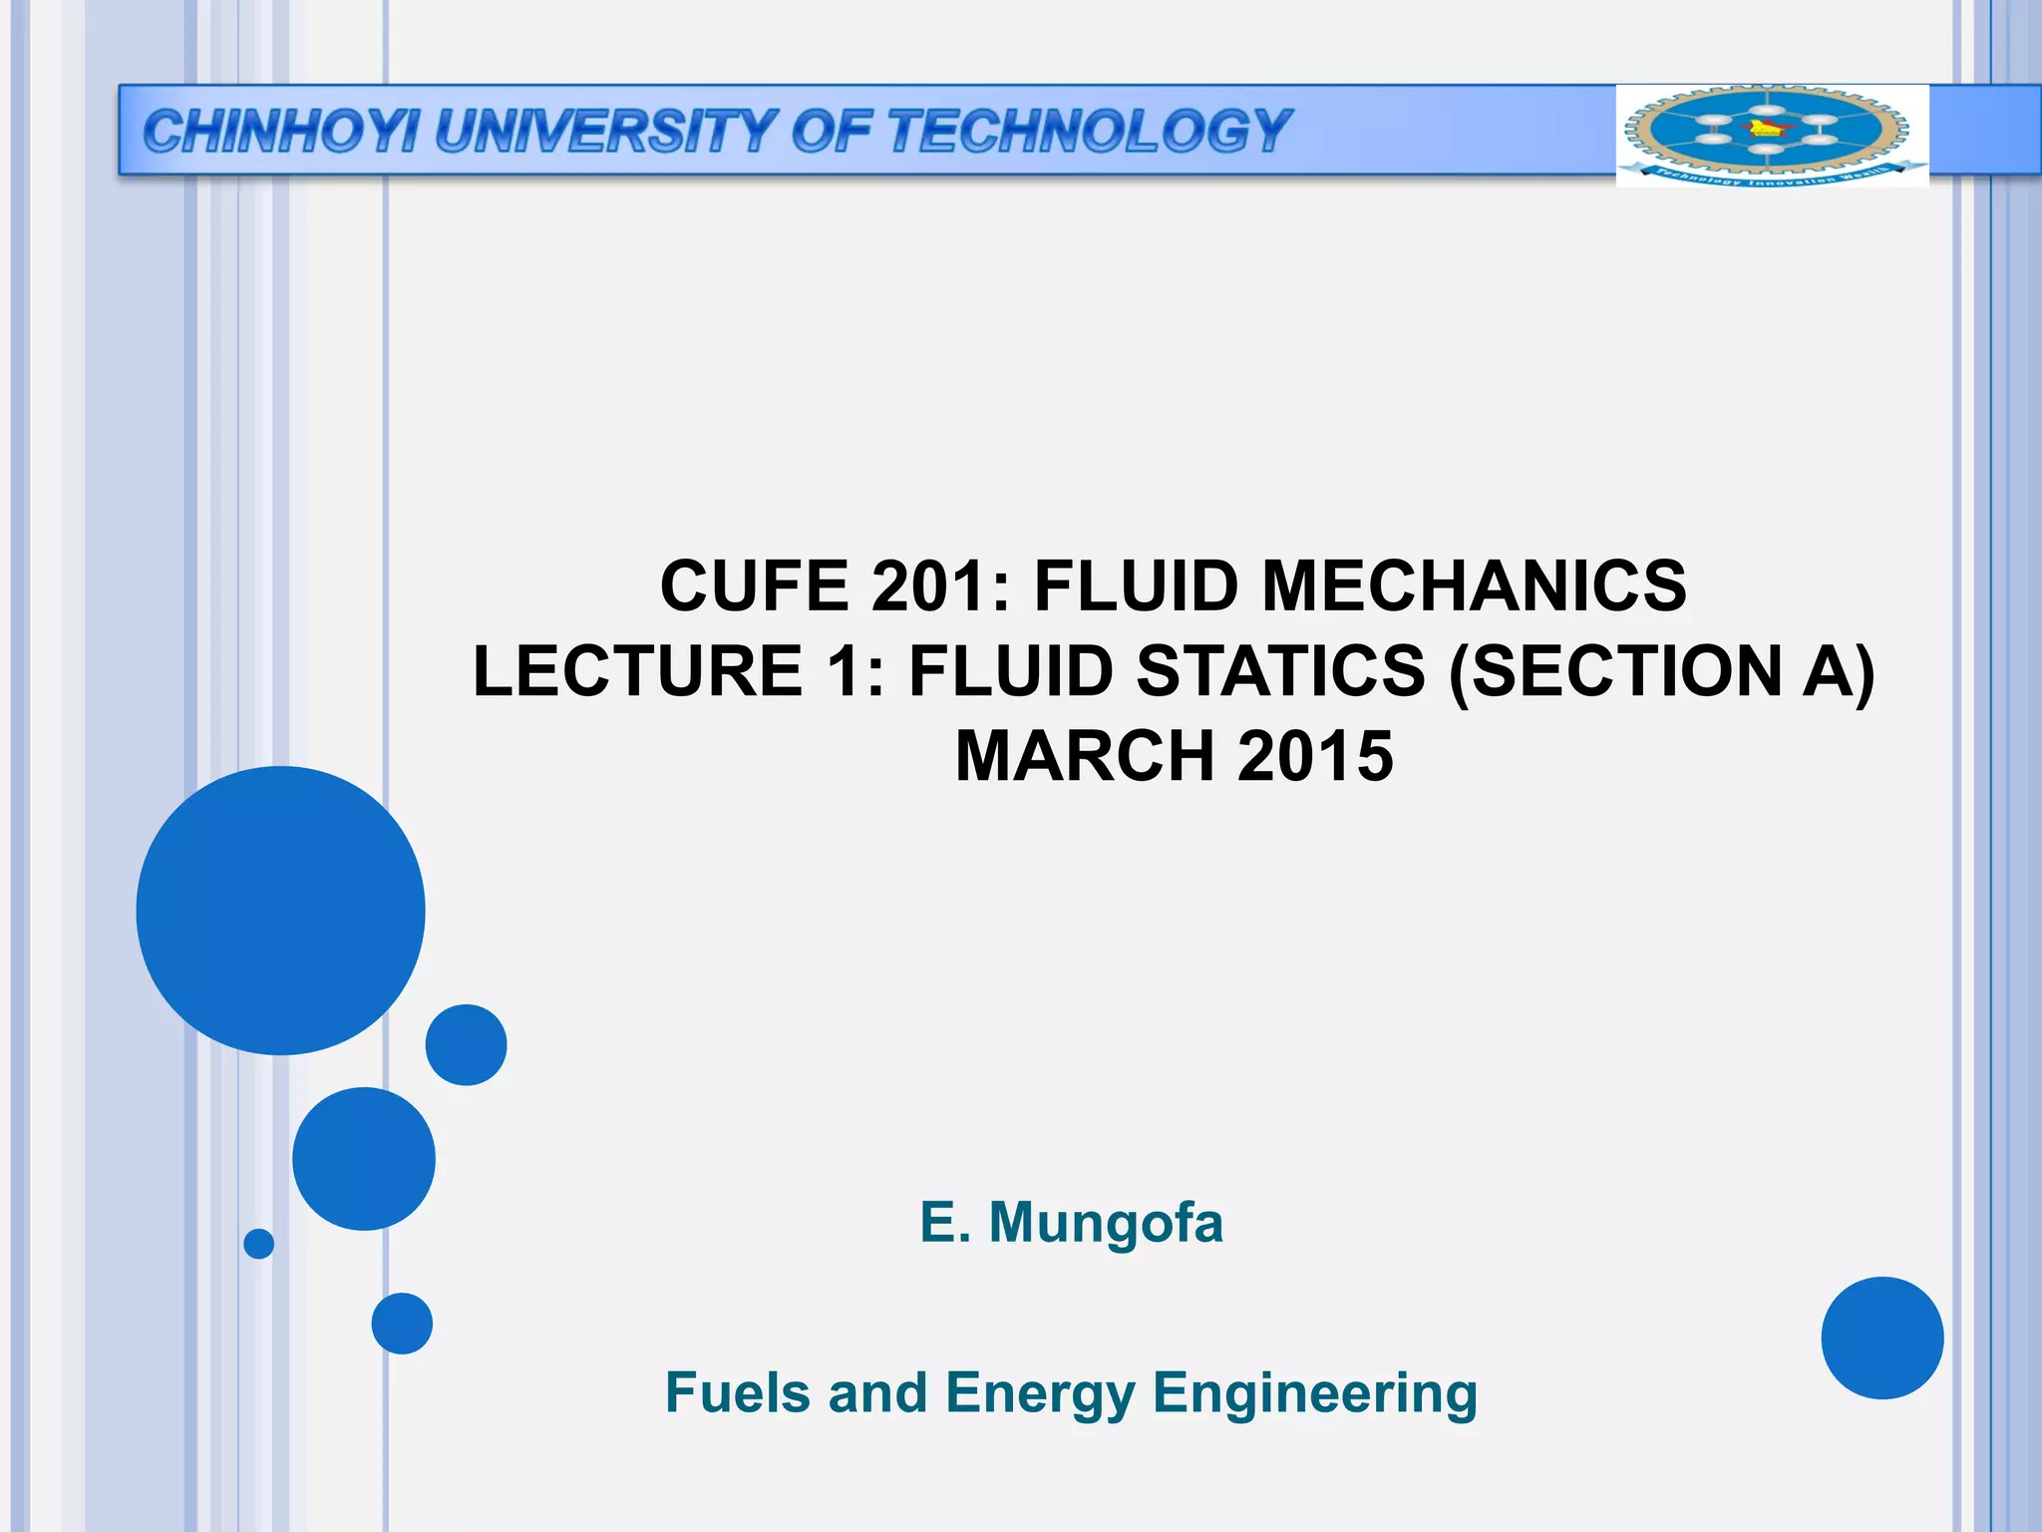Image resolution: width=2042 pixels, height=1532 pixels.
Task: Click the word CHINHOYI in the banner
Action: coord(280,132)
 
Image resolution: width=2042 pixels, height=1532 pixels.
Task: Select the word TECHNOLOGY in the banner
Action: coord(1090,132)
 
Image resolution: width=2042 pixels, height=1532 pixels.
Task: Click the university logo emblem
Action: coord(1771,135)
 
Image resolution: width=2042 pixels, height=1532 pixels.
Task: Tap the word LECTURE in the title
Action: coord(638,670)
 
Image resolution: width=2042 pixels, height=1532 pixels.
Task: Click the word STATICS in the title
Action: coord(1281,670)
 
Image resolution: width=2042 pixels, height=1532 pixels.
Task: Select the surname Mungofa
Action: coord(1106,1223)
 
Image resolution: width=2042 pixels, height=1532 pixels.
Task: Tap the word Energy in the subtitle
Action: coord(1040,1394)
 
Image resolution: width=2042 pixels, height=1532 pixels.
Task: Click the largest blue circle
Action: coord(281,910)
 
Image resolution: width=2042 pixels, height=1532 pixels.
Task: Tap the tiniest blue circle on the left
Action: coord(258,1244)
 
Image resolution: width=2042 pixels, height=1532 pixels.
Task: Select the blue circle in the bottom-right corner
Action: coord(1881,1338)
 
